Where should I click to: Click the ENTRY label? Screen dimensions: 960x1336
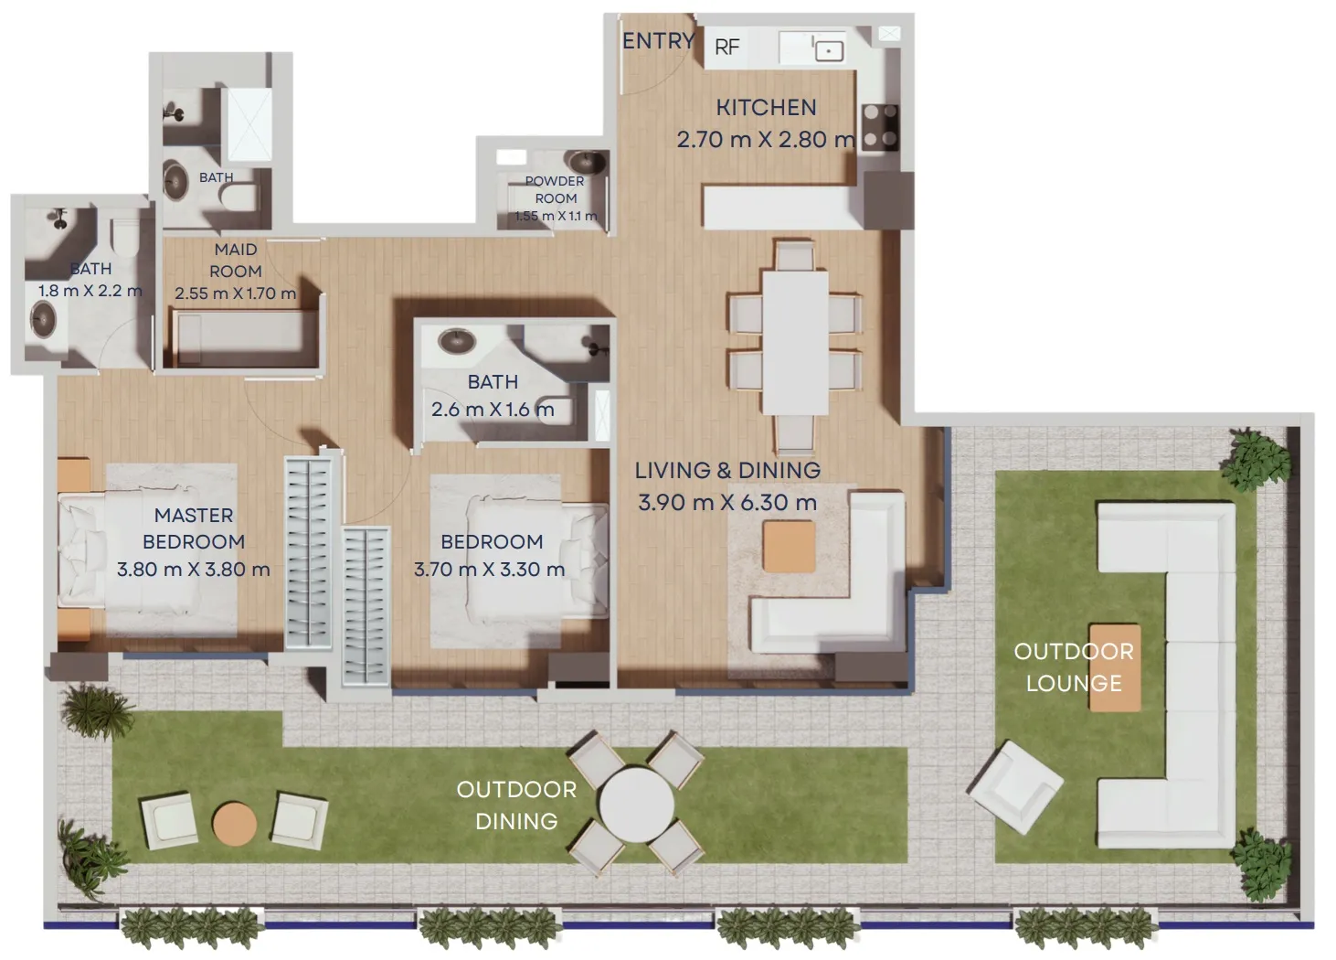click(658, 41)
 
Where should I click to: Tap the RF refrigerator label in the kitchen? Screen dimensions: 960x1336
click(726, 47)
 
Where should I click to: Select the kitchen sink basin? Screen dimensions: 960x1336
click(828, 50)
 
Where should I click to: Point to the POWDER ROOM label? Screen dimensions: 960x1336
click(555, 189)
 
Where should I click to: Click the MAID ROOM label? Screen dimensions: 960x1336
click(236, 261)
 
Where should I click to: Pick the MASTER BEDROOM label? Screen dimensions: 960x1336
click(194, 528)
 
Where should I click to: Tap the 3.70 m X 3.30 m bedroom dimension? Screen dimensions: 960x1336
click(490, 570)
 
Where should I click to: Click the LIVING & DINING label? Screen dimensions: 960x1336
click(727, 470)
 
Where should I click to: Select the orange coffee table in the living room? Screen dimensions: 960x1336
click(789, 546)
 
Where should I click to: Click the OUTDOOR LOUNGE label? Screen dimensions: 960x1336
click(1074, 667)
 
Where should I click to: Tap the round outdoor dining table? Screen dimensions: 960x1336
click(636, 803)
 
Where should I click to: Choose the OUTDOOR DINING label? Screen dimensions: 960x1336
click(516, 805)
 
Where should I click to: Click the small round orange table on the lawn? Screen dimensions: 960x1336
click(235, 823)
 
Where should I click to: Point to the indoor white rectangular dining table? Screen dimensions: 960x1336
click(795, 340)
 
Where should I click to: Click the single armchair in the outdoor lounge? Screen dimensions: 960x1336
click(1015, 787)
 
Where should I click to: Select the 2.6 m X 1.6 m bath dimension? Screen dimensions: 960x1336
click(493, 410)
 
